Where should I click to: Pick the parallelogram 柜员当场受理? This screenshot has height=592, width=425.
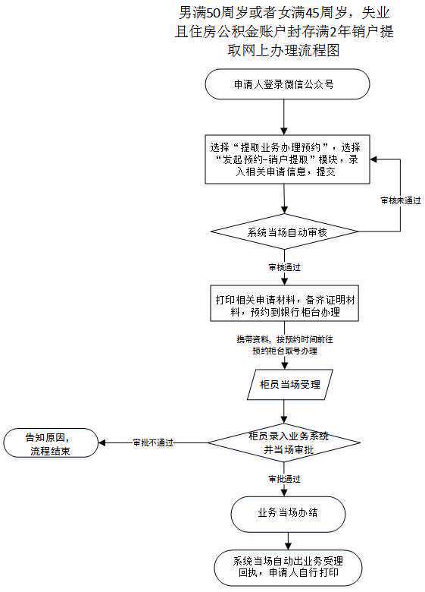[x=284, y=385]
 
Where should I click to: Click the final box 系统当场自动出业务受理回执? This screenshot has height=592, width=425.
[x=287, y=567]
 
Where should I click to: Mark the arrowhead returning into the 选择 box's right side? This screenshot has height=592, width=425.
[x=373, y=160]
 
